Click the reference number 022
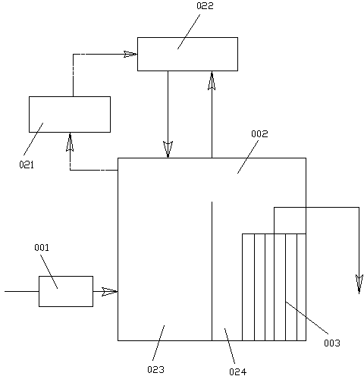[205, 6]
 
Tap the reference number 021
[27, 164]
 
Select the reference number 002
[259, 133]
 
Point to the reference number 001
[42, 247]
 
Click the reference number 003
[332, 343]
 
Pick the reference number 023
[155, 369]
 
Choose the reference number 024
[237, 371]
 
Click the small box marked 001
[66, 291]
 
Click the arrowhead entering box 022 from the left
[130, 54]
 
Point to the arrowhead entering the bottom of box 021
[70, 142]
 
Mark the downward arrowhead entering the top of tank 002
[168, 149]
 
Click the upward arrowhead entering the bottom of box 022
[212, 80]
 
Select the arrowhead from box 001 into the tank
[109, 292]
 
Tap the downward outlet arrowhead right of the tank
[359, 284]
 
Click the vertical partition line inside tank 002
[212, 271]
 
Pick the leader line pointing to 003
[306, 318]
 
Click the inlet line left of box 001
[22, 291]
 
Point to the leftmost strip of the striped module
[248, 287]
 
